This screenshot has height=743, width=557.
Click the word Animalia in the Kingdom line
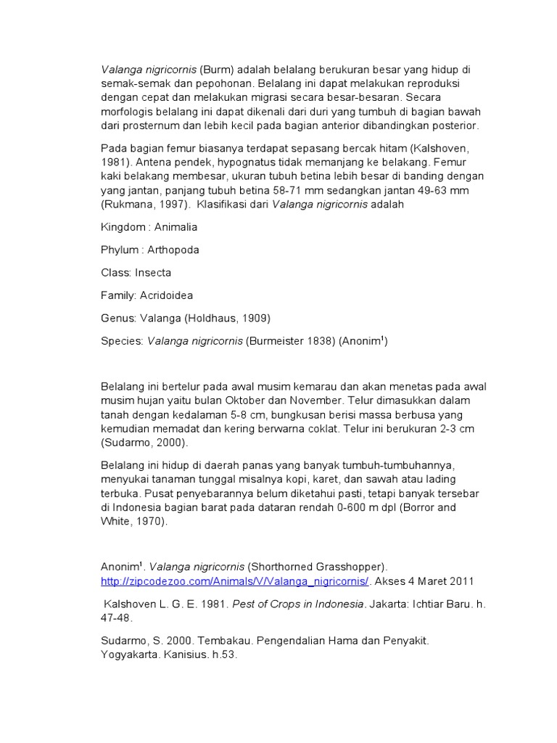click(176, 227)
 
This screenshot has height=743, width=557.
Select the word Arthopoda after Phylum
click(173, 250)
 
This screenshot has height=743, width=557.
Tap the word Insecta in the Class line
click(153, 273)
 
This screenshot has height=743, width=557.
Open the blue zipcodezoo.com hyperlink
click(236, 581)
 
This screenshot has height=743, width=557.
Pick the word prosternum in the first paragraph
click(155, 126)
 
